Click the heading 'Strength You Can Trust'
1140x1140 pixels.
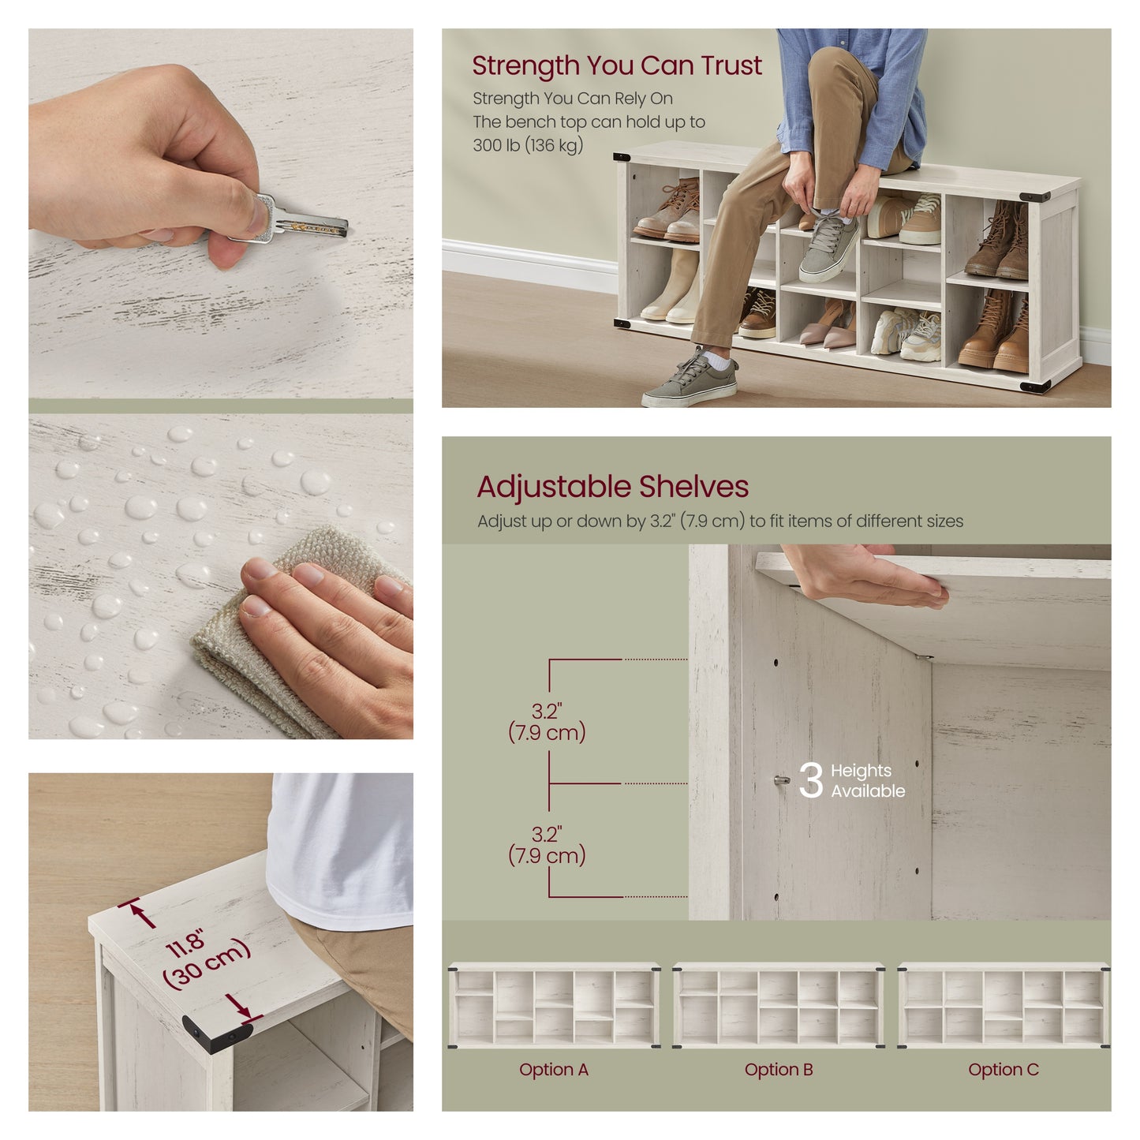pos(616,65)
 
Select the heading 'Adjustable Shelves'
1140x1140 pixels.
pos(612,486)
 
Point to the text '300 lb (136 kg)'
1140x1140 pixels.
pos(528,145)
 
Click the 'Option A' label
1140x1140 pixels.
pos(554,1069)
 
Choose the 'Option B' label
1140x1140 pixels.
pos(779,1069)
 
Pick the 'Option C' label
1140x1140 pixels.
pos(1004,1069)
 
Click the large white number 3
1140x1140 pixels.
pos(810,779)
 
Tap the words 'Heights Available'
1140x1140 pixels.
pos(867,780)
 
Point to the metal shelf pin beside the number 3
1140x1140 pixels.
pos(782,780)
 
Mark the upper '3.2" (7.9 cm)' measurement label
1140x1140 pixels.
pos(547,723)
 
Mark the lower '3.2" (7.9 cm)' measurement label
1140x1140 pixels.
pos(547,846)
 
